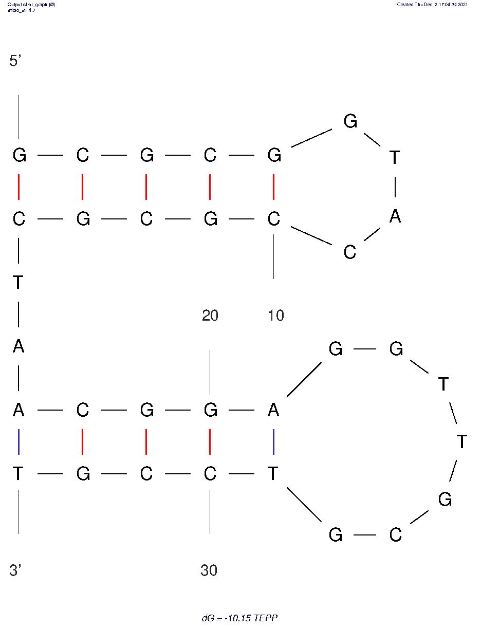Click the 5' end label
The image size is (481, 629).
click(15, 61)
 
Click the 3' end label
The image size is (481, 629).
click(15, 570)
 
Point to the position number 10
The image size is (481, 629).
click(276, 315)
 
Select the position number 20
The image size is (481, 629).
click(210, 315)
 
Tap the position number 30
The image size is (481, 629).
click(209, 570)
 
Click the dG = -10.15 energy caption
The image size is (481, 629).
click(239, 618)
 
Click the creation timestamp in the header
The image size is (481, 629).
click(432, 4)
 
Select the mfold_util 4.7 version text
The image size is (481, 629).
click(22, 10)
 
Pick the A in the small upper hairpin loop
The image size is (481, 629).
click(395, 216)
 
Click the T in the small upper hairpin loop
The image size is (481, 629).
click(395, 157)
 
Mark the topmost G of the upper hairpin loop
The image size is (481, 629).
click(350, 121)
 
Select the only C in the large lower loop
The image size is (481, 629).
click(395, 534)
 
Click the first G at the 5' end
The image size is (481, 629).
click(19, 155)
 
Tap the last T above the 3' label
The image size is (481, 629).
click(18, 473)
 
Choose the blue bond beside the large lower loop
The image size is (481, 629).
click(273, 441)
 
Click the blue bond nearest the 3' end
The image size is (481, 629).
click(19, 441)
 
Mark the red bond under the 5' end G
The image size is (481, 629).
click(19, 187)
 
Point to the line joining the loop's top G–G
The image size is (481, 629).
click(365, 349)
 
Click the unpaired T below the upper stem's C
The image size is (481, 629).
click(18, 282)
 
